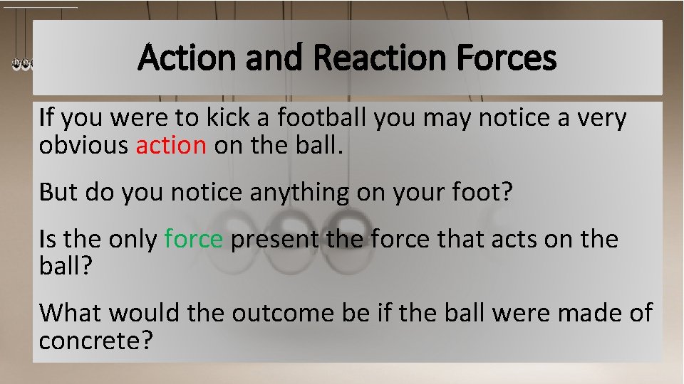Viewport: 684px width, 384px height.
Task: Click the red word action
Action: click(171, 145)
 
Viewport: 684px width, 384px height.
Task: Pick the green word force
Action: click(194, 240)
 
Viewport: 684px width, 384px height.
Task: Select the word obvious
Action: click(84, 145)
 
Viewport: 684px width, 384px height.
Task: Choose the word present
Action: click(274, 240)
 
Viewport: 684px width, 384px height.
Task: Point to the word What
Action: click(69, 312)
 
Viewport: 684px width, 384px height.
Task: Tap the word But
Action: click(56, 192)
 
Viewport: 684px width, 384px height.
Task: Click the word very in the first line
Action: click(603, 117)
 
